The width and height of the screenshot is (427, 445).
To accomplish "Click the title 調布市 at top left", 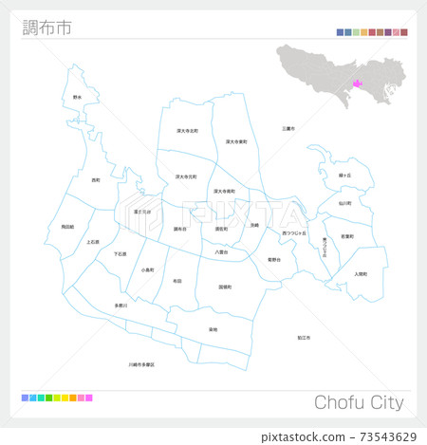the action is (x=45, y=27).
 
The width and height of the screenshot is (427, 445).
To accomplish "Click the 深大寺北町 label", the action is (x=187, y=131).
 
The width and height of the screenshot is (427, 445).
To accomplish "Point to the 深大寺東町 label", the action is (x=236, y=142).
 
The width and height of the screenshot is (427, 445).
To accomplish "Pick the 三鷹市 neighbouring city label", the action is (x=288, y=128).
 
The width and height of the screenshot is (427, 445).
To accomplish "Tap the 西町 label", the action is (x=96, y=179).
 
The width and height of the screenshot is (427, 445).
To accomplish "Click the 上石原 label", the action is (x=93, y=242).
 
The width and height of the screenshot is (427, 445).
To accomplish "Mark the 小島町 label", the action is (x=148, y=270).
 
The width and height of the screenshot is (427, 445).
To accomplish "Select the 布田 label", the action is (x=177, y=281).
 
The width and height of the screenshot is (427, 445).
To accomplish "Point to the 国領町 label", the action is (x=225, y=286).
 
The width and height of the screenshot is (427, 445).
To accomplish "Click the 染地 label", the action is (x=213, y=329).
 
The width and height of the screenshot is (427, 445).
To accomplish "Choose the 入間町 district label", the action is (x=360, y=274).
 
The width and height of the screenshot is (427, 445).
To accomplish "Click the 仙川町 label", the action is (x=344, y=203).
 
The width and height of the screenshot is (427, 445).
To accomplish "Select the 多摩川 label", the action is (x=121, y=306).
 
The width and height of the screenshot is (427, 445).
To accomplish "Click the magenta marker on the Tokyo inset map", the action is (x=357, y=83).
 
